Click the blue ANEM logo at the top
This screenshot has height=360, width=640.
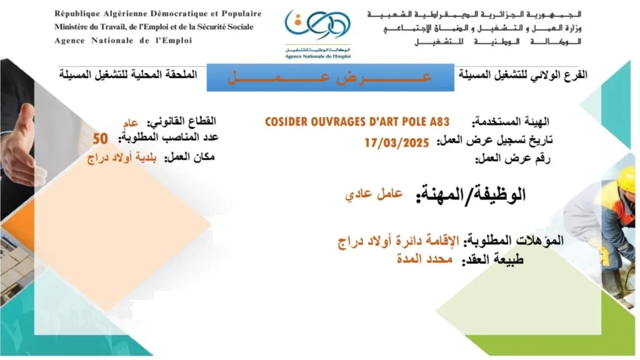click(x=317, y=34)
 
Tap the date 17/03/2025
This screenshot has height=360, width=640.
click(x=397, y=143)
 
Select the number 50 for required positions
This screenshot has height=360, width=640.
click(x=101, y=139)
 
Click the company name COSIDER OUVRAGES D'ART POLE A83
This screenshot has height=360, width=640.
click(x=357, y=122)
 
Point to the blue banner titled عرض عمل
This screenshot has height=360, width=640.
click(x=330, y=77)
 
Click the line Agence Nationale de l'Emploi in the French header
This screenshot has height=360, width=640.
click(x=123, y=41)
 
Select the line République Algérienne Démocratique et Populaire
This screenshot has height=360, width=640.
click(x=158, y=14)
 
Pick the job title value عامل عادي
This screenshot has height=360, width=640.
click(x=374, y=194)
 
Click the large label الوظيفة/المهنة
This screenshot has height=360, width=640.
click(x=471, y=194)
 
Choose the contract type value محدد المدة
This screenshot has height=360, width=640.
click(x=425, y=259)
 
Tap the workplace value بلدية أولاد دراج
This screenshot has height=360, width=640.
click(x=122, y=158)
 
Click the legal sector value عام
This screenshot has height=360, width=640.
click(x=131, y=122)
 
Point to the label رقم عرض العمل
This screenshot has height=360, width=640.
click(x=512, y=158)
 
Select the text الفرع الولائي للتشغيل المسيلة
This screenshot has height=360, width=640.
click(x=523, y=75)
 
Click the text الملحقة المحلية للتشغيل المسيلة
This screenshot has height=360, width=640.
click(x=128, y=75)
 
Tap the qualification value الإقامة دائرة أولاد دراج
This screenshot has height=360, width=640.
click(x=398, y=241)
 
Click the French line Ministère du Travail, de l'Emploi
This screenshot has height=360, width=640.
click(x=154, y=27)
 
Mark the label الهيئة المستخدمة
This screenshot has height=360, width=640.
click(x=510, y=122)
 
